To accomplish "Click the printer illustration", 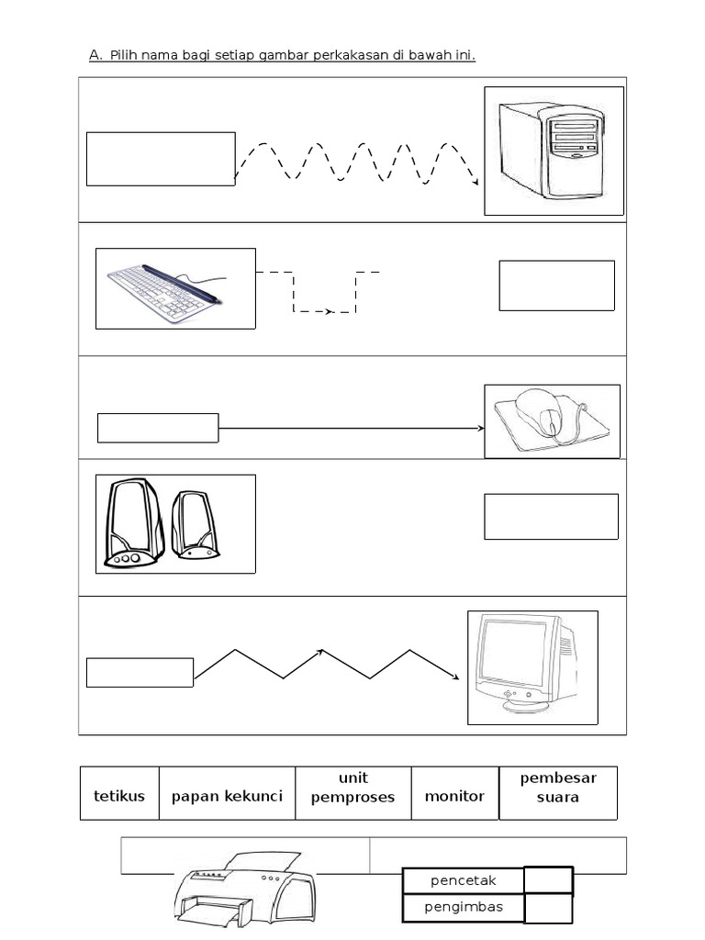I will click(242, 890).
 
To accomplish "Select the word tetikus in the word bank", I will click(119, 796).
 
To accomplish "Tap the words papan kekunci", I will click(227, 796).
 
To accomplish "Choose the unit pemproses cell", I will click(352, 788).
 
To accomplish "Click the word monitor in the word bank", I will click(454, 796).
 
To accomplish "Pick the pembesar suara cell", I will click(558, 788).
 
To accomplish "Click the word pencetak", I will click(463, 881).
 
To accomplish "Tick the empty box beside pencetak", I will click(548, 881).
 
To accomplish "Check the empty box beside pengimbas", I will click(548, 909).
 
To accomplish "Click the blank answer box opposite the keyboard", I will click(556, 285).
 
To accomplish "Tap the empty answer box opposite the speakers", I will click(551, 516).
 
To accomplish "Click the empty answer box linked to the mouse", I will click(158, 428).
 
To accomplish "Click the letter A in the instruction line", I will click(95, 56).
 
